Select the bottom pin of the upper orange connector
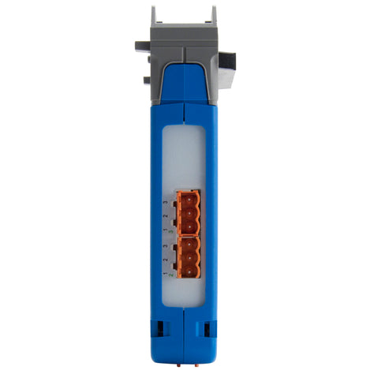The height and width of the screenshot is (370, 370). pyautogui.click(x=189, y=227)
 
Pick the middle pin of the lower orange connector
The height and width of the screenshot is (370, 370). pyautogui.click(x=189, y=259)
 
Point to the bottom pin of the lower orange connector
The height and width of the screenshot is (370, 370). pyautogui.click(x=189, y=271)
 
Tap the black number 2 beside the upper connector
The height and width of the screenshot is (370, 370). pyautogui.click(x=166, y=216)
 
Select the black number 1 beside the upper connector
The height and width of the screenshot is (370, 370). pyautogui.click(x=166, y=229)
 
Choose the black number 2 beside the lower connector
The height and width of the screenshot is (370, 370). pyautogui.click(x=166, y=260)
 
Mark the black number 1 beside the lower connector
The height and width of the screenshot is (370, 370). pyautogui.click(x=166, y=272)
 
